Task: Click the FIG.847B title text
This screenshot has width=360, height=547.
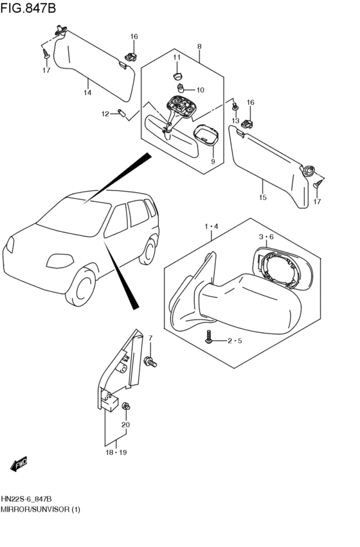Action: (x=28, y=8)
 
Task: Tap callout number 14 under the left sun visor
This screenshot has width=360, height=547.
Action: (x=87, y=93)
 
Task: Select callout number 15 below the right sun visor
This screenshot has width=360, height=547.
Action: (x=263, y=197)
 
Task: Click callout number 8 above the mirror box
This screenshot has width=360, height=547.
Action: (x=199, y=46)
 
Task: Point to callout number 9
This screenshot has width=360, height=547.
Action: (x=213, y=161)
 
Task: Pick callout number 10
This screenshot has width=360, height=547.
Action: (x=200, y=90)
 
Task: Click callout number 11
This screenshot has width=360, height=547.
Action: (x=177, y=57)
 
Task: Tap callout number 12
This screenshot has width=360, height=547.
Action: (x=105, y=114)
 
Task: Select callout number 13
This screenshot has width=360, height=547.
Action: (x=235, y=121)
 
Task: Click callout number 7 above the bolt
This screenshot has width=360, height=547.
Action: (x=150, y=337)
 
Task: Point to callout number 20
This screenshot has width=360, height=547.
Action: (x=125, y=425)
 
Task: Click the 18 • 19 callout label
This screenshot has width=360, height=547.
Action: (x=116, y=453)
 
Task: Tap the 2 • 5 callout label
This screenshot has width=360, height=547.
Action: (x=235, y=341)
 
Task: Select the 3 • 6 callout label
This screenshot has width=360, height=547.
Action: (x=266, y=237)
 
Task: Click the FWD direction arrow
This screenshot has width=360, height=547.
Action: (x=19, y=464)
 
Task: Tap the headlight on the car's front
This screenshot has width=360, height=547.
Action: (x=60, y=261)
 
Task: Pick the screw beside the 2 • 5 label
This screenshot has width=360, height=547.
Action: (x=209, y=337)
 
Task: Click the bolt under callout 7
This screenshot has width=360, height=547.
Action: (x=150, y=361)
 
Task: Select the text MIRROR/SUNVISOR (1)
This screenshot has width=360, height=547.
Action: (x=40, y=509)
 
